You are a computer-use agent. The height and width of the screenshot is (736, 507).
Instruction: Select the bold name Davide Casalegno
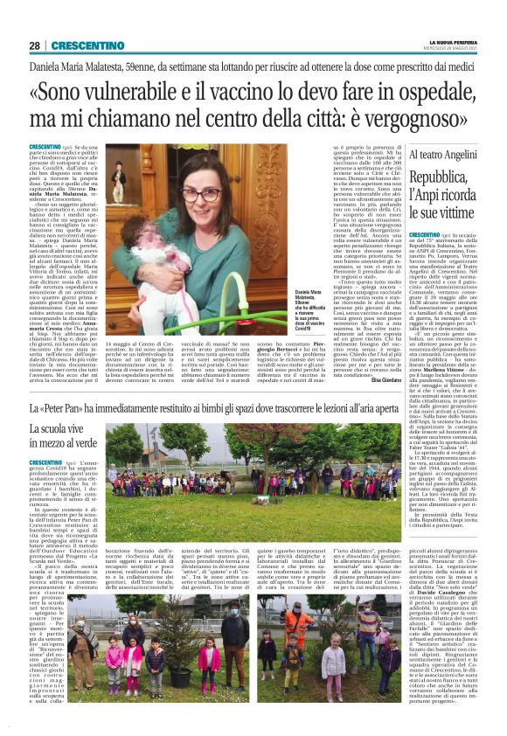point(450,590)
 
